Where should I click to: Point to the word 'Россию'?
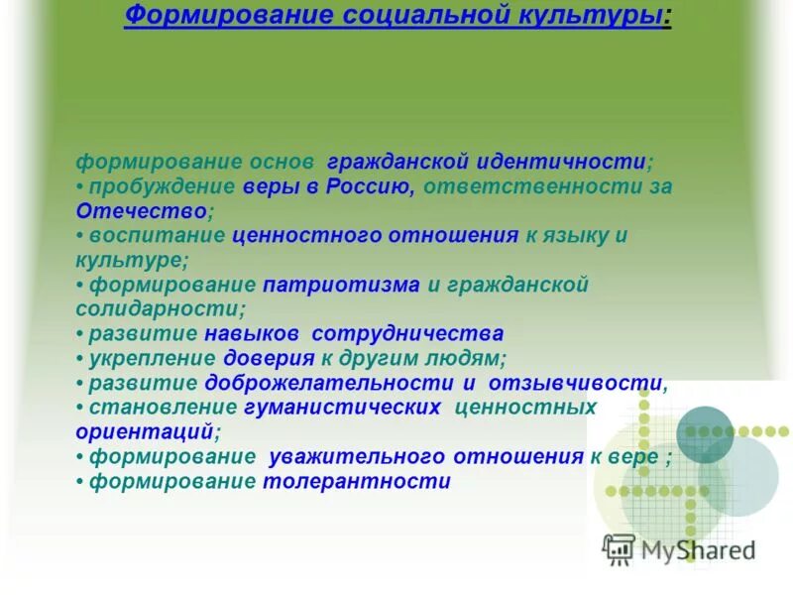[368, 186]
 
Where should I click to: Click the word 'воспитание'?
[157, 236]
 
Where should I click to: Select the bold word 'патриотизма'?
[343, 285]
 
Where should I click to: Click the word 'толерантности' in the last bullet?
[356, 482]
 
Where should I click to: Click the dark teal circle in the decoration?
[705, 433]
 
